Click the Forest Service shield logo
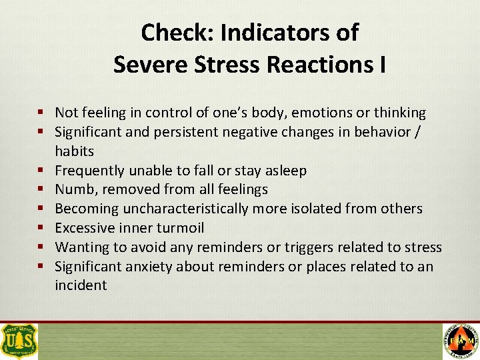20,341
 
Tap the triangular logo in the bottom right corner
461,341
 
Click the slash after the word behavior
417,132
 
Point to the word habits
74,151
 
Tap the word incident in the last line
81,285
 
